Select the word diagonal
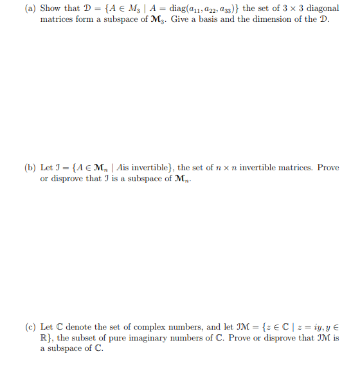(x=317, y=8)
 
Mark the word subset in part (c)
(x=84, y=338)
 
